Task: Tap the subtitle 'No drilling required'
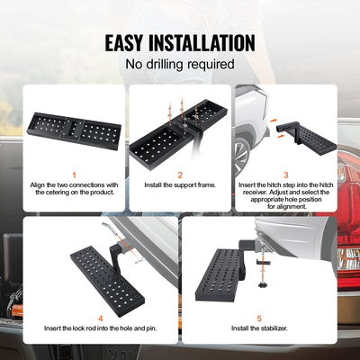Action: tap(180, 65)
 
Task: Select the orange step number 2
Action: tap(179, 175)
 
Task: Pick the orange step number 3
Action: tap(286, 175)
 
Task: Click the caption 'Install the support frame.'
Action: tap(179, 186)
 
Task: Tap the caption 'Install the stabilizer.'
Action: tap(258, 328)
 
